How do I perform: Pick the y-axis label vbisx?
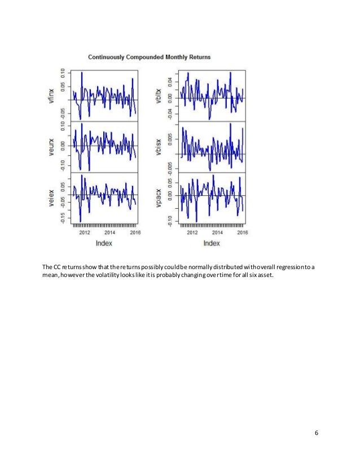point(160,146)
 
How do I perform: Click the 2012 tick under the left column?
point(85,232)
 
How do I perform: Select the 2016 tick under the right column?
point(242,232)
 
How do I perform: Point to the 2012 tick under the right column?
point(192,232)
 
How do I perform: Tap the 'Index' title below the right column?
point(211,243)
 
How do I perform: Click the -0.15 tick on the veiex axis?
point(63,218)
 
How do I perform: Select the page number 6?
point(317,432)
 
